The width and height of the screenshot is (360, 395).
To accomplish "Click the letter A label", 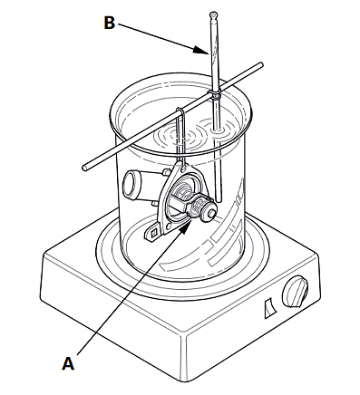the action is (68, 362).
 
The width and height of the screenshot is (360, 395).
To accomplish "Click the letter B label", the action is (110, 23).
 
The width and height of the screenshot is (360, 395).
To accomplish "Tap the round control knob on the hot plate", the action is (296, 291).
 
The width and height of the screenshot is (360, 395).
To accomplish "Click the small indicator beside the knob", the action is (269, 308).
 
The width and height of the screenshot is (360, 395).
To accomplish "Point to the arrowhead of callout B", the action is (200, 50).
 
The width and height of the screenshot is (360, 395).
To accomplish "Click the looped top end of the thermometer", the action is (213, 14).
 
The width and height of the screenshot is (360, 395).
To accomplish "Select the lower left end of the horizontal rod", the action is (85, 168).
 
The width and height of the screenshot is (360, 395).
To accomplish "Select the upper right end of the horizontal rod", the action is (260, 64).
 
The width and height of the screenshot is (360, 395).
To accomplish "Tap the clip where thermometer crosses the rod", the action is (215, 94).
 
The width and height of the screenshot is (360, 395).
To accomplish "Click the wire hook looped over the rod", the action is (180, 133).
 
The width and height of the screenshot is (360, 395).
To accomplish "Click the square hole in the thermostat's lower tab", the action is (154, 233).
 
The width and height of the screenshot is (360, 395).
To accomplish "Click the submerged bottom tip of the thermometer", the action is (219, 199).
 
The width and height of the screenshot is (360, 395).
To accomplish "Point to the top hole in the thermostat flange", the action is (183, 167).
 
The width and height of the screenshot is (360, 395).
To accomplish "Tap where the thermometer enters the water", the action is (217, 130).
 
